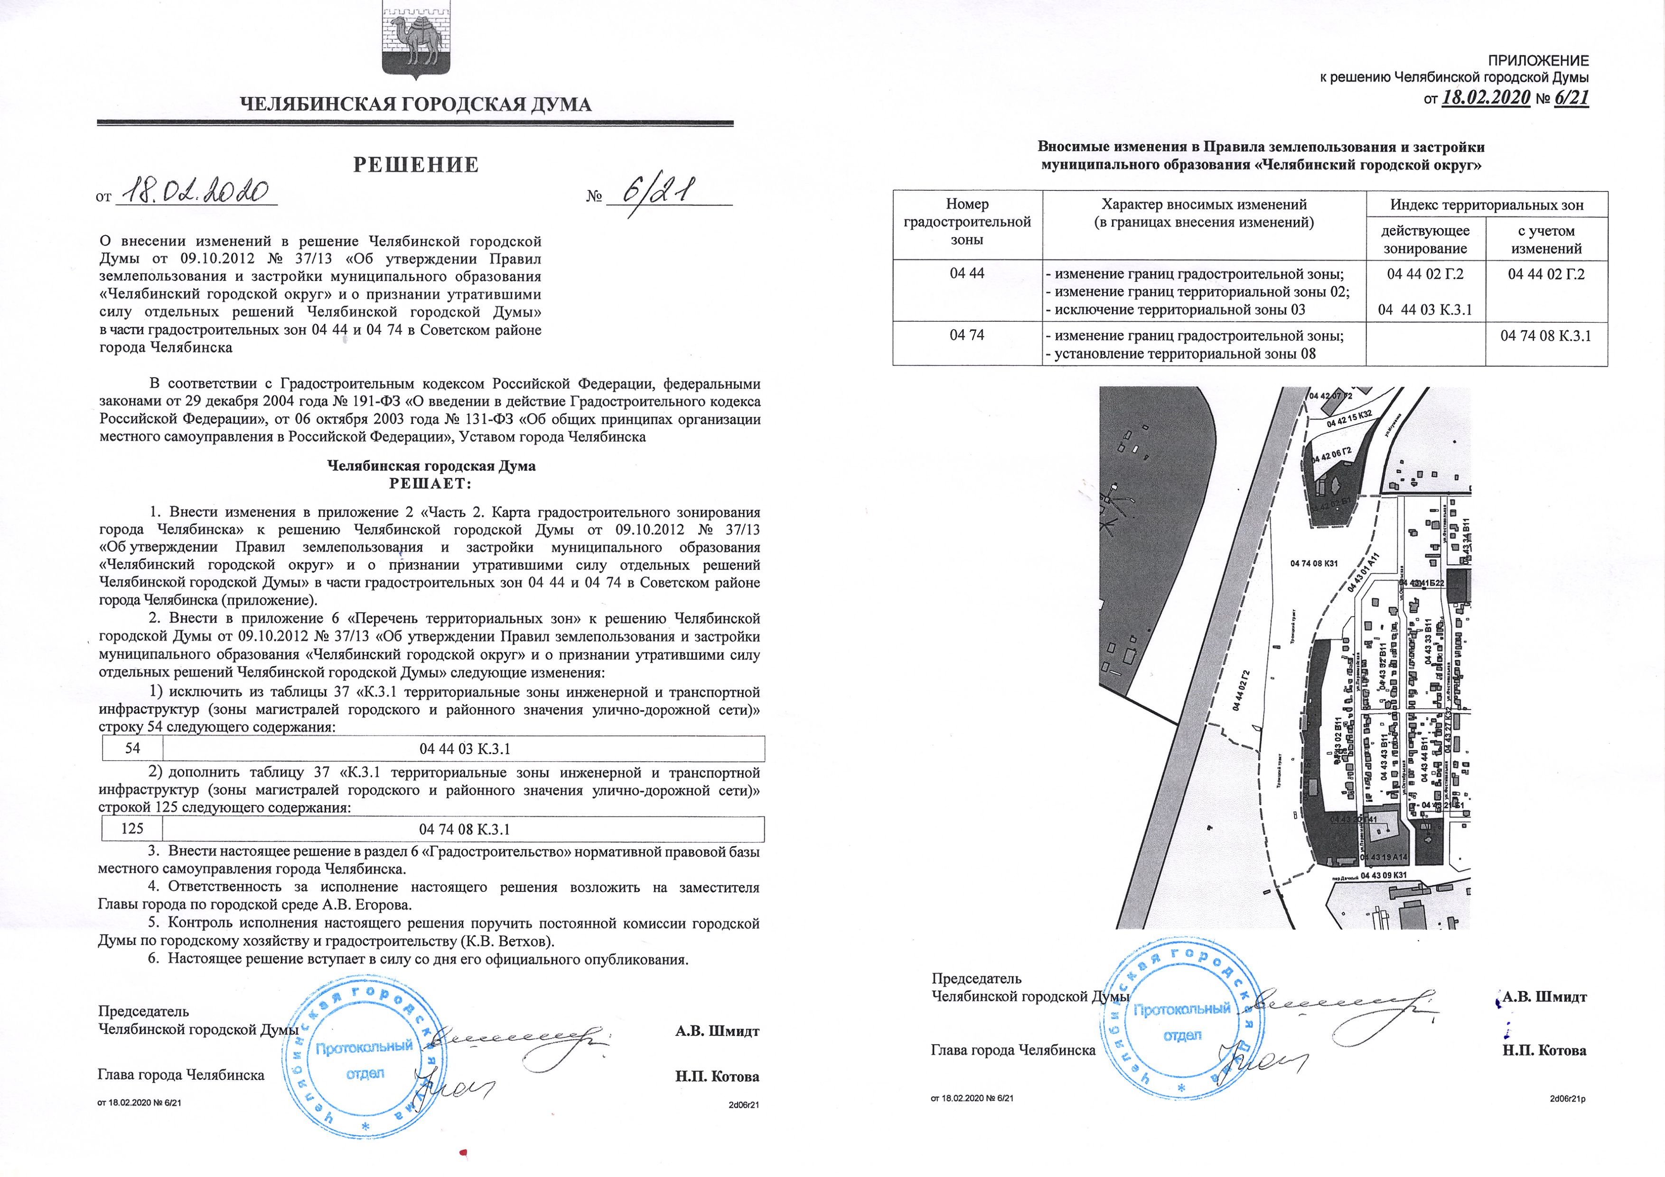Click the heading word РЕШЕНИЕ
tap(416, 165)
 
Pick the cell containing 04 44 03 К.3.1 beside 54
tap(464, 748)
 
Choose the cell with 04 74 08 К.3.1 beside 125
tap(464, 829)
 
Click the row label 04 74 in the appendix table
tap(967, 336)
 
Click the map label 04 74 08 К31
tap(1314, 563)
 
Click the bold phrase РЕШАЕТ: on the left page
tap(431, 484)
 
